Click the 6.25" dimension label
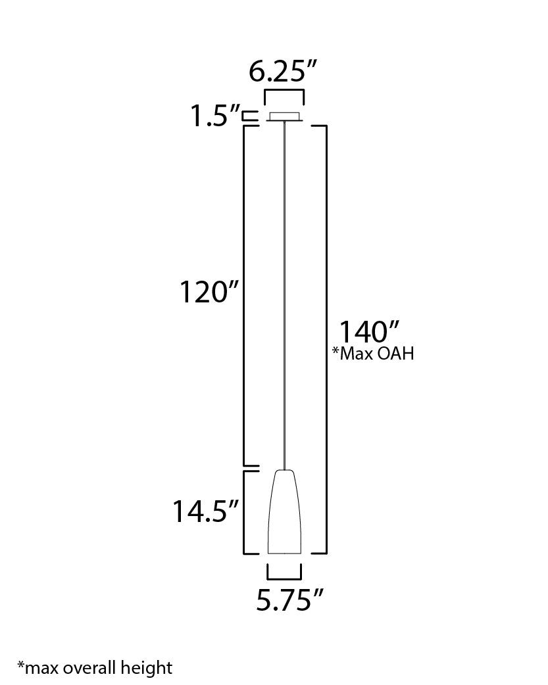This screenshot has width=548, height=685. [x=282, y=71]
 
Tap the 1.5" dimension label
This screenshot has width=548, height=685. [x=214, y=116]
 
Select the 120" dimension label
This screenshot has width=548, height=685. [x=209, y=292]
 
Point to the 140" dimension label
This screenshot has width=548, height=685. [x=369, y=332]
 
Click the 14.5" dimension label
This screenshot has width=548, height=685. [x=205, y=511]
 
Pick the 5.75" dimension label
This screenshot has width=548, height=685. [x=289, y=600]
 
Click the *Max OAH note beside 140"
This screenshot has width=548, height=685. [x=373, y=354]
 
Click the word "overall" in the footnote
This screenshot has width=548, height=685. [x=89, y=668]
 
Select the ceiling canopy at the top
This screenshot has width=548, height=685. [x=284, y=116]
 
